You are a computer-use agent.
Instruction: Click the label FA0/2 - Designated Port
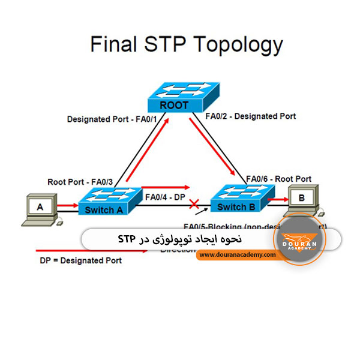click(250, 116)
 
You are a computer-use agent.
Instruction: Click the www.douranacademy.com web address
click(237, 254)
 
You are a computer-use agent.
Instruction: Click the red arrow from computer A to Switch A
click(65, 205)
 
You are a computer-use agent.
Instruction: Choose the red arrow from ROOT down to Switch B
click(214, 145)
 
